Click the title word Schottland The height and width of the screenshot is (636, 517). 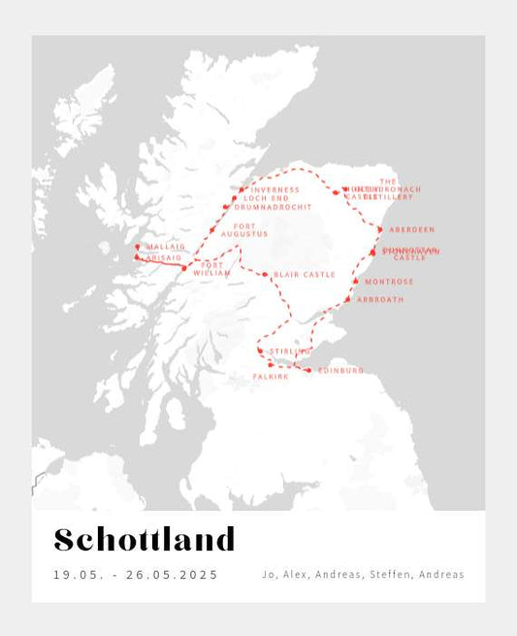click(145, 540)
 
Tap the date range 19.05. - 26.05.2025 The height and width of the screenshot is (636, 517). click(136, 575)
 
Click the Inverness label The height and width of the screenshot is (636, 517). click(275, 190)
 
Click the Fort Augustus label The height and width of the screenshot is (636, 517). click(243, 230)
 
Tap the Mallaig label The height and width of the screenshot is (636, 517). click(165, 247)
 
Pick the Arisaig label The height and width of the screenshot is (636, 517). click(162, 257)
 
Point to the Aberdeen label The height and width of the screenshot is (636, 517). click(411, 230)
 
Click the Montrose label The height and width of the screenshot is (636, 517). click(389, 282)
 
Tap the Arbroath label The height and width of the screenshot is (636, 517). click(379, 300)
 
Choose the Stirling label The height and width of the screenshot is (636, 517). click(290, 351)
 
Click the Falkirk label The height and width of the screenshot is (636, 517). click(271, 376)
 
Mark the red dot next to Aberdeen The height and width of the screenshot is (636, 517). click(379, 230)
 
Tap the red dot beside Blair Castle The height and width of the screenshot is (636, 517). click(265, 275)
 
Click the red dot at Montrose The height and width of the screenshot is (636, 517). click(356, 282)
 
